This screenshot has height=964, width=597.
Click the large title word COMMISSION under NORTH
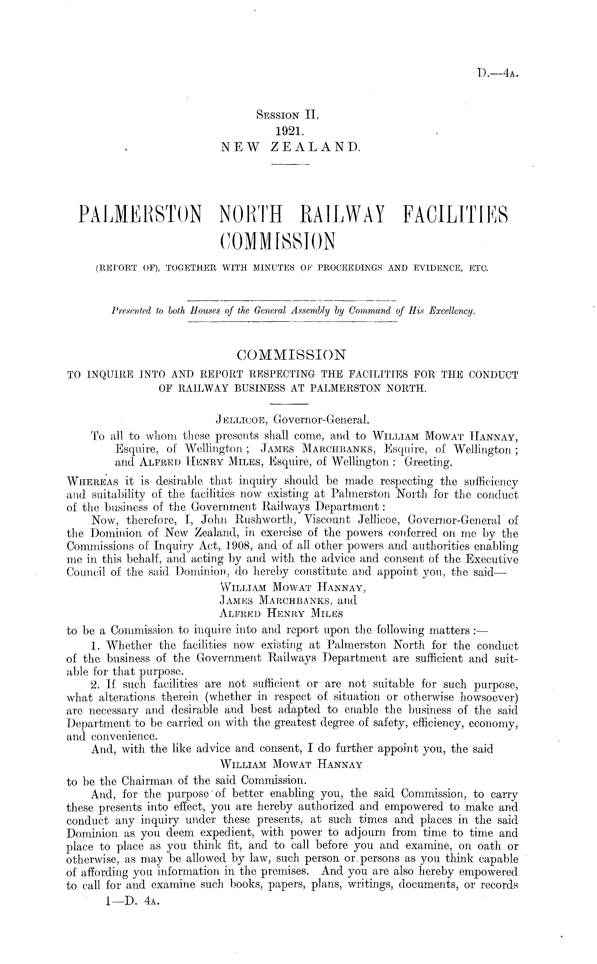click(276, 242)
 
